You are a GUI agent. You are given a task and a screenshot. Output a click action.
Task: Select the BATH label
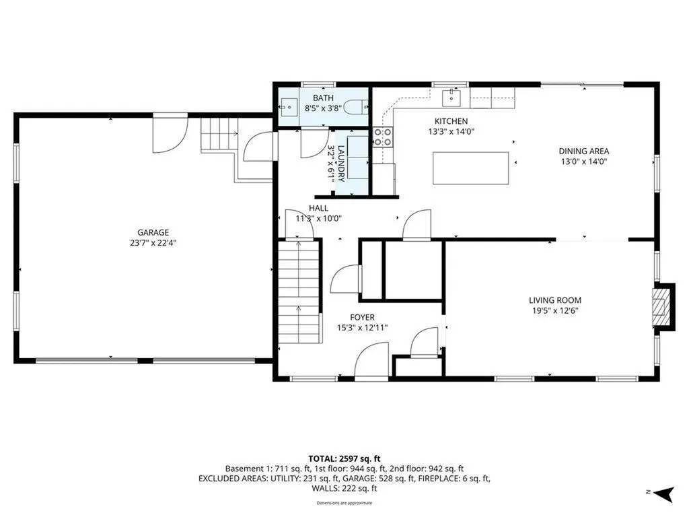pos(322,98)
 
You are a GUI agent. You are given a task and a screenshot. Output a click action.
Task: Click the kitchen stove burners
pos(382,137)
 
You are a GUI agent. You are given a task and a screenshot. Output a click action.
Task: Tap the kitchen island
pos(470,168)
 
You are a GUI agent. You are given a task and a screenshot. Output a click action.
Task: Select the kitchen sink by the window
pos(449,98)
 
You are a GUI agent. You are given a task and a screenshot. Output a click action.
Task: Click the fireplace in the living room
pos(663,306)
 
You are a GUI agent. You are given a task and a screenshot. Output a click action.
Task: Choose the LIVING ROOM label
pos(554,300)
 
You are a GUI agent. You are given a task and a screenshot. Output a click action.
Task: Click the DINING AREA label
pos(583,151)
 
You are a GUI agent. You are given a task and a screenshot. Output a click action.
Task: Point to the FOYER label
pos(362,317)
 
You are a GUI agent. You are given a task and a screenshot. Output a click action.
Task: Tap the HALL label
pos(319,208)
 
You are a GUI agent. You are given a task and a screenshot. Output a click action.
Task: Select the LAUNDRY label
pos(341,164)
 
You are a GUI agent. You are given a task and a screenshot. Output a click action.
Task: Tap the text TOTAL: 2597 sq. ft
pos(344,458)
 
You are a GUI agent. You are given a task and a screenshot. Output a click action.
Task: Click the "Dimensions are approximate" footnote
pos(344,503)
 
